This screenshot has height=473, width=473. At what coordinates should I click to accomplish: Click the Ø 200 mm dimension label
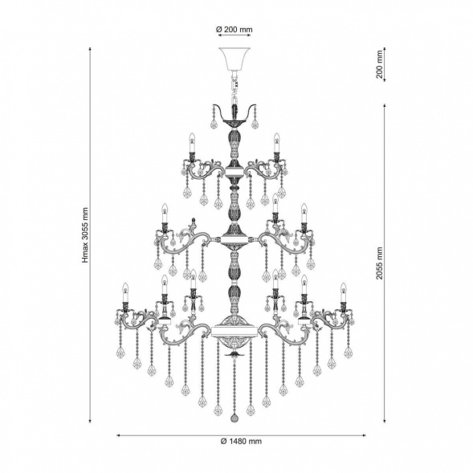[234, 30]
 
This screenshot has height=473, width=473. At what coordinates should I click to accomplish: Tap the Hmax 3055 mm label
[85, 235]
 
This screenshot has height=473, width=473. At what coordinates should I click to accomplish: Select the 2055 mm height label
[379, 263]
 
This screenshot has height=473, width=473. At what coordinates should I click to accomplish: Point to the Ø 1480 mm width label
[241, 442]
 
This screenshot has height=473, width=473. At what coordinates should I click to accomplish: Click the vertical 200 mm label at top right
[379, 64]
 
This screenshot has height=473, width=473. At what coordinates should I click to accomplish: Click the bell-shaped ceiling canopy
[234, 59]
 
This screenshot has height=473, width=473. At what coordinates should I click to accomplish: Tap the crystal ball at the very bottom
[234, 418]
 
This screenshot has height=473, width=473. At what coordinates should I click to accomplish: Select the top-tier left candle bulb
[191, 143]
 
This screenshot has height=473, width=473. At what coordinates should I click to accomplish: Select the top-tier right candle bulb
[276, 143]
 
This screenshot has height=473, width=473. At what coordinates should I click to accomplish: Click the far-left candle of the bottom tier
[125, 292]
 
